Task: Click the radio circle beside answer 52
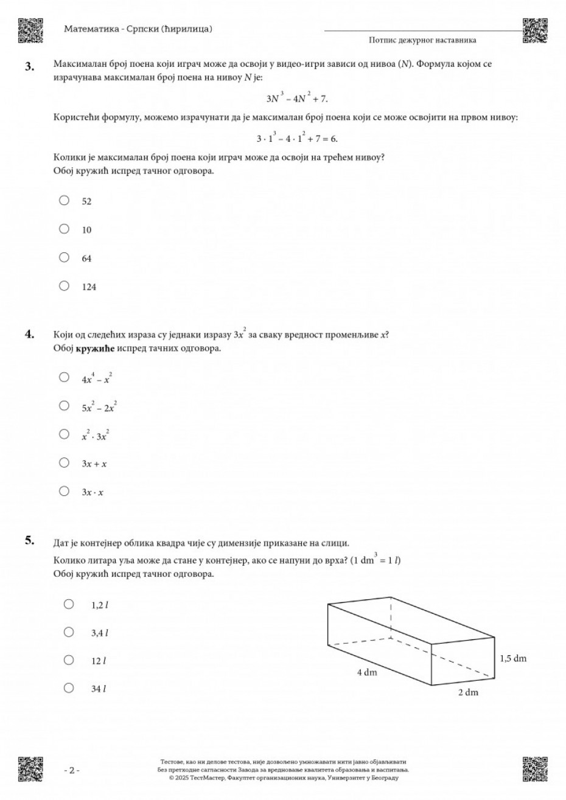[x=64, y=200]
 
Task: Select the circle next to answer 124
[x=64, y=286]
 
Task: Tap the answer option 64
[x=86, y=259]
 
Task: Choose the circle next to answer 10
[x=64, y=229]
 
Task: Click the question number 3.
[x=29, y=66]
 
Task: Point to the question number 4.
[x=29, y=333]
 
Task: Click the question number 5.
[x=29, y=540]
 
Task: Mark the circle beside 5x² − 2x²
[x=64, y=406]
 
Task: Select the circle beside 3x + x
[x=64, y=463]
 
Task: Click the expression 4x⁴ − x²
[x=97, y=379]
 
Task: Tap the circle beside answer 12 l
[x=69, y=660]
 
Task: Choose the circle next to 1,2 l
[x=69, y=604]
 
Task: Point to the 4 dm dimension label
[x=368, y=673]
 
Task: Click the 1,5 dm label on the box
[x=513, y=658]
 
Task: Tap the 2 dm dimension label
[x=468, y=693]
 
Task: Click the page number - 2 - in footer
[x=72, y=771]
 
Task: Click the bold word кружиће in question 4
[x=95, y=349]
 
